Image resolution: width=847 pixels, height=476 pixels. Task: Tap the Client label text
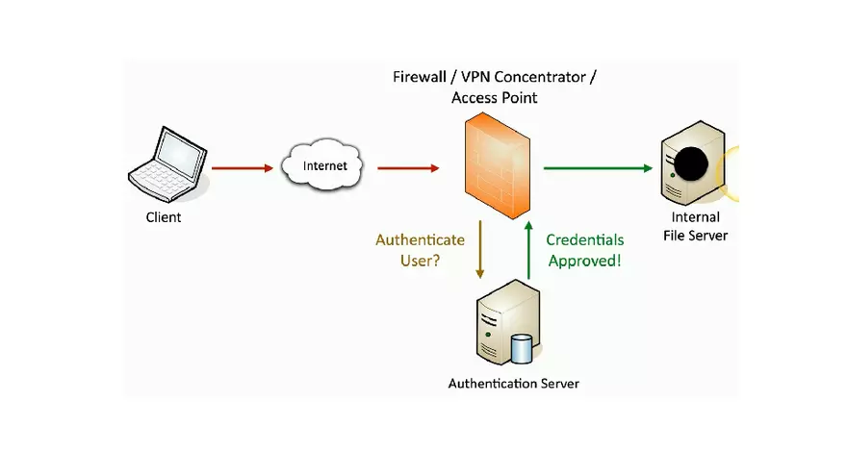[163, 217]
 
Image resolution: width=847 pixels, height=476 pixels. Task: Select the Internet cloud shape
[324, 166]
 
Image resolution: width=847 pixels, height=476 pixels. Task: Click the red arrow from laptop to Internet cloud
[242, 168]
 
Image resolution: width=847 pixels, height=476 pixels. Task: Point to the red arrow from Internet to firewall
[408, 168]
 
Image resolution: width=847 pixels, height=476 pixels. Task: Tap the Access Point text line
[494, 98]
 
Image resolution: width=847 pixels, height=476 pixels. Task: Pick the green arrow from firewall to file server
[596, 168]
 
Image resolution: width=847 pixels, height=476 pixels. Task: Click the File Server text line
[695, 236]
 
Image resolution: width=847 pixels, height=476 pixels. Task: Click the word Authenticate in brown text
[420, 240]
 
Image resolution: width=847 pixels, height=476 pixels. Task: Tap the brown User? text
[422, 261]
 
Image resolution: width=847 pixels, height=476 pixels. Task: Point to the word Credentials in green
[585, 240]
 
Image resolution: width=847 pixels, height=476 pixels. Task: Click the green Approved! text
[585, 261]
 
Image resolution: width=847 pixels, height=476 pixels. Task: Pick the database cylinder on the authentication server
[522, 348]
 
